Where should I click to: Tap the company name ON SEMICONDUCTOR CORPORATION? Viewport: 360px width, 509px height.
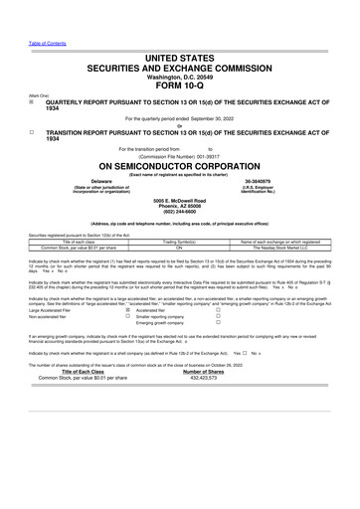[x=180, y=166]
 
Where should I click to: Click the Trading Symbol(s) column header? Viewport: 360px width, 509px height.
[x=180, y=241]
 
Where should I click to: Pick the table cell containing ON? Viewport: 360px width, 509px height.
[x=180, y=247]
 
